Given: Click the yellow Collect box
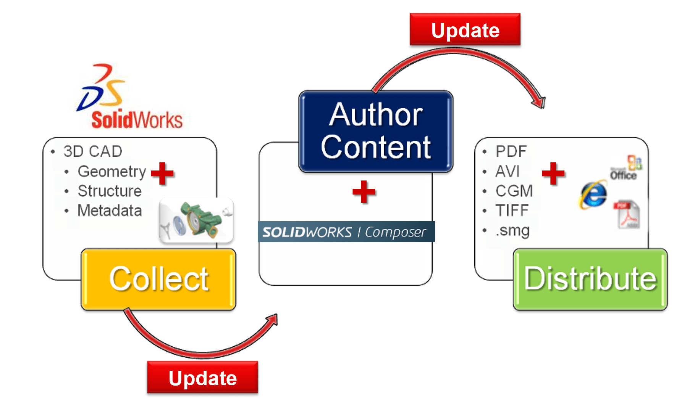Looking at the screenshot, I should [158, 279].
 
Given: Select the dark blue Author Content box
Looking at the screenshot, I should [376, 132].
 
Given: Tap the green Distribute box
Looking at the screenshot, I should [590, 279].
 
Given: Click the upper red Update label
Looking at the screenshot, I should [465, 30].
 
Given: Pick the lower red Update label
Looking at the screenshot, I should [202, 378].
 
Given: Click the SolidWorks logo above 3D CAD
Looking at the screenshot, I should [130, 97].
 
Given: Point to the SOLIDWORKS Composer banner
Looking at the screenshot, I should [346, 232].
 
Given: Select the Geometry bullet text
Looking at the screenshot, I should [112, 172].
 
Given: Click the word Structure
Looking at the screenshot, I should [110, 191].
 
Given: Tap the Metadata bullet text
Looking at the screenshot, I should [110, 211].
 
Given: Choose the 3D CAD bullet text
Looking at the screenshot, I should [93, 151].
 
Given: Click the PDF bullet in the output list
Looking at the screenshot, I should [511, 151].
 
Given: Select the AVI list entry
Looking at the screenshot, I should [507, 171].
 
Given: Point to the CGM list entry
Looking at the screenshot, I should [514, 191].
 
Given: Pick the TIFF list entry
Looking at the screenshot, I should [512, 211].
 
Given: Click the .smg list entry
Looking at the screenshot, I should [512, 230].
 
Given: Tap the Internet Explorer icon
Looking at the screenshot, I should [593, 195].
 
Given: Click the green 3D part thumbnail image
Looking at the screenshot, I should [196, 220].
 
